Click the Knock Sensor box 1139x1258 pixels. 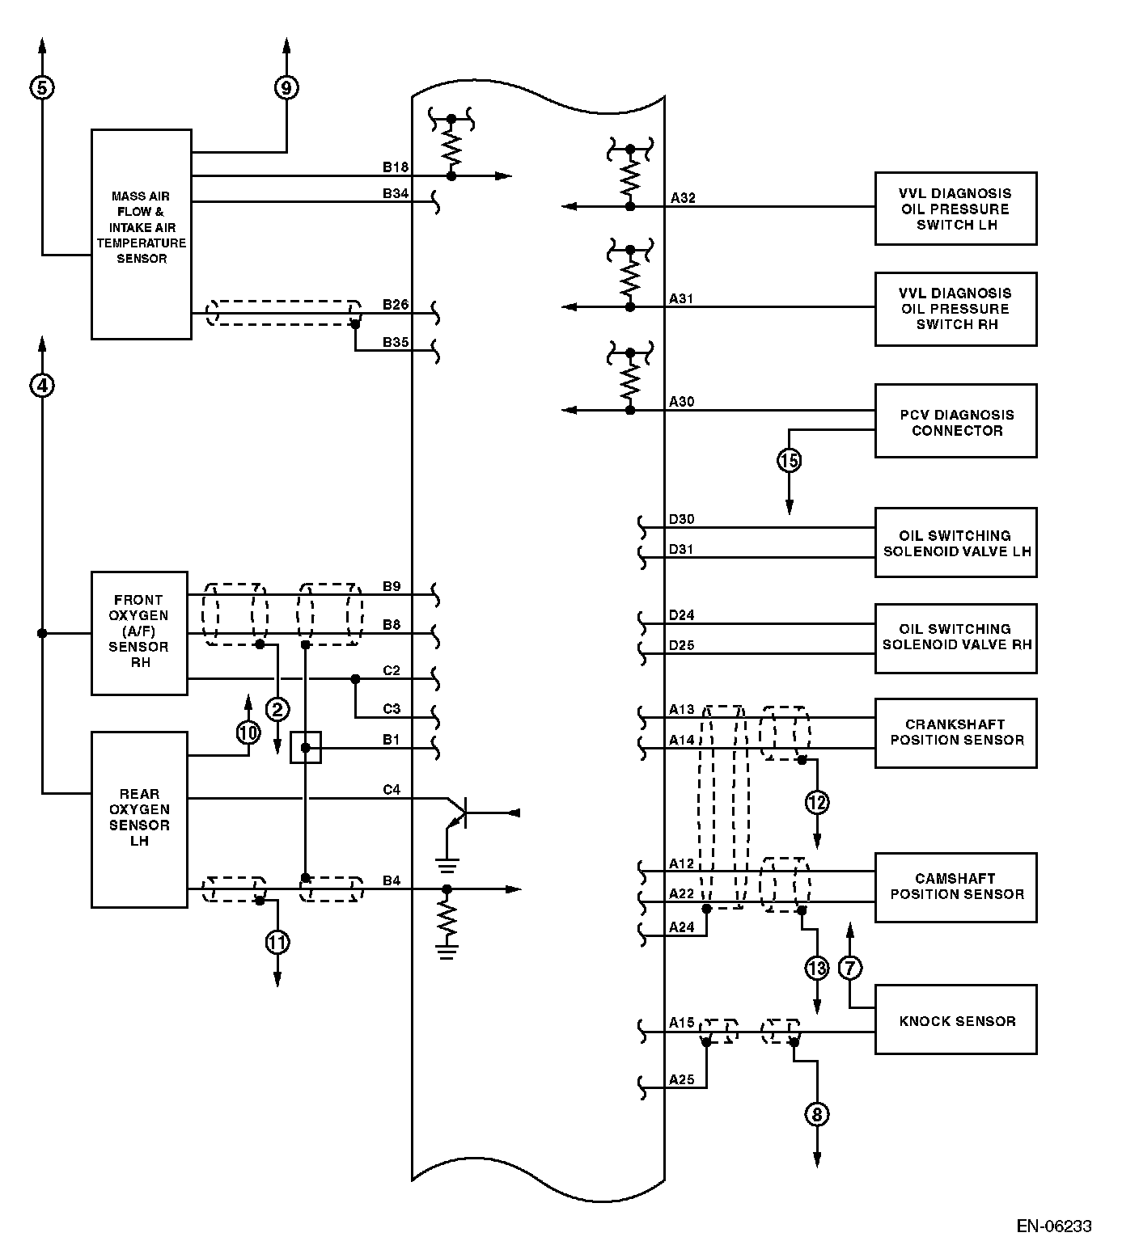[x=955, y=1019]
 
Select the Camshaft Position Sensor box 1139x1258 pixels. [x=955, y=887]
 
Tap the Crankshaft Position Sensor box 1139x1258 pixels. [x=955, y=732]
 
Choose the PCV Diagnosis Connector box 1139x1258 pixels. [x=955, y=421]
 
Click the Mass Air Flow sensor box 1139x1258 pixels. [x=141, y=234]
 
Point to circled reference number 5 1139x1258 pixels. [x=42, y=87]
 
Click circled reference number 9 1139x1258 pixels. [x=286, y=87]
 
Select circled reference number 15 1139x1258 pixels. [x=789, y=461]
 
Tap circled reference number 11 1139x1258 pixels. [x=277, y=942]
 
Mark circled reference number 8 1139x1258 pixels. [x=817, y=1115]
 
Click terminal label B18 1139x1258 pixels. [x=395, y=167]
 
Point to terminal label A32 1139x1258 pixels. [x=683, y=197]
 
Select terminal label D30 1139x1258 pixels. [x=681, y=519]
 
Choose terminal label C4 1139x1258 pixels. [x=392, y=789]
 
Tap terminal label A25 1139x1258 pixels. [x=681, y=1079]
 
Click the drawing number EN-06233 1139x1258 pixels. [x=1054, y=1226]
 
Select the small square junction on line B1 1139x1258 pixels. [x=306, y=748]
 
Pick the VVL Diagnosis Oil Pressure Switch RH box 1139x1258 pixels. [x=955, y=309]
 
